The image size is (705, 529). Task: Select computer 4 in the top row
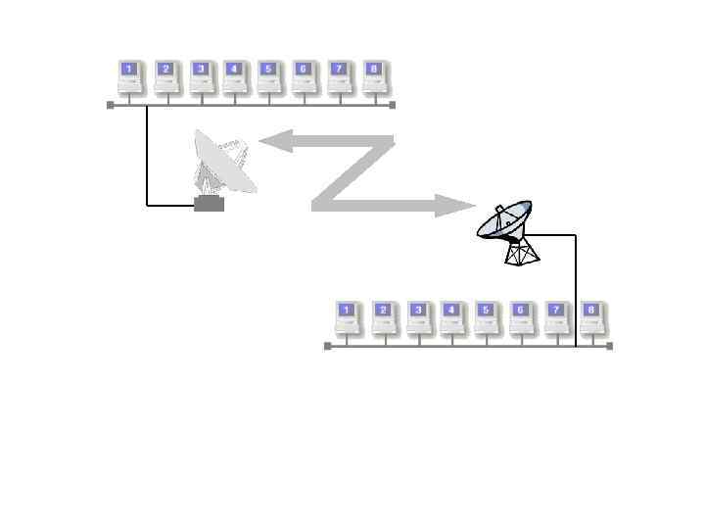235,76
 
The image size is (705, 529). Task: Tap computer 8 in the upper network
375,76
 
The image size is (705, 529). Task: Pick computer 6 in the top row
305,76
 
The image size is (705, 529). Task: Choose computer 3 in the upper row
201,76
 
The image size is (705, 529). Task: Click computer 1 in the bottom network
348,317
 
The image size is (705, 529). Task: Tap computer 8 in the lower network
591,317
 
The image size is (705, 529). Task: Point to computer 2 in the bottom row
384,317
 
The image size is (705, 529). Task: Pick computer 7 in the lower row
557,317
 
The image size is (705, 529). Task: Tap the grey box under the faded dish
210,204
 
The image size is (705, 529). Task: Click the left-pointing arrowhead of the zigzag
273,143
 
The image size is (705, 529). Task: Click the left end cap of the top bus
111,104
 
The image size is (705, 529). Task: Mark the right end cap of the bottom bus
610,346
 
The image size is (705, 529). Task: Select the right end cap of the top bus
393,104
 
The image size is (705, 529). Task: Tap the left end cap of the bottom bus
328,346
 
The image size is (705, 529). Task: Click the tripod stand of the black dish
522,252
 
